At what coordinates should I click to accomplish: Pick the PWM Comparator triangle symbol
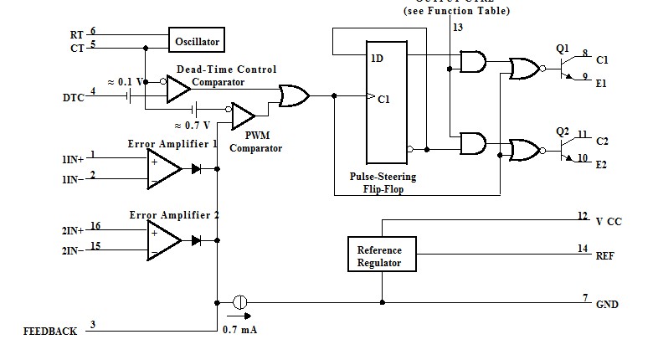tap(244, 111)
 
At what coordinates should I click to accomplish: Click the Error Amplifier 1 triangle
tap(164, 167)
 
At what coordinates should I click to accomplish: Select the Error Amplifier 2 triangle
tap(164, 239)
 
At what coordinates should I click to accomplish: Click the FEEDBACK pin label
tap(50, 332)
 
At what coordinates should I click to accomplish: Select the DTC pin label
tap(73, 98)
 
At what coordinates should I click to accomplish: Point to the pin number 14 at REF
tap(583, 249)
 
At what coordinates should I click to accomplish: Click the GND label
tap(607, 305)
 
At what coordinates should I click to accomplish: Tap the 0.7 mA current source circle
tap(239, 301)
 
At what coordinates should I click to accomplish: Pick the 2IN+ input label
tap(73, 229)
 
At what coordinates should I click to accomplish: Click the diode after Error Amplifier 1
tap(197, 168)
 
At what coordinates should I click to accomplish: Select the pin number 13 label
tap(457, 28)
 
